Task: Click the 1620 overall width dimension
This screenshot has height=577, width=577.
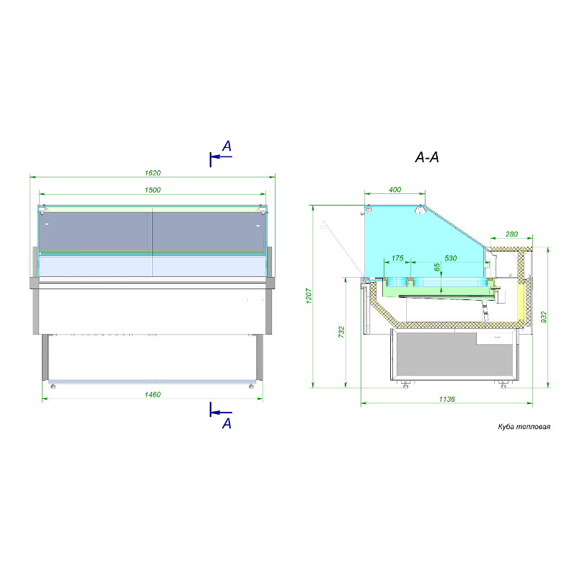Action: pos(153,173)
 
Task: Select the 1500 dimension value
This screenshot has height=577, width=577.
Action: pos(153,190)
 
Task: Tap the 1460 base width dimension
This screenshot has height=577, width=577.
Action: pos(153,395)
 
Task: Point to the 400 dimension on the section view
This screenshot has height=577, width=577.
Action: pos(395,190)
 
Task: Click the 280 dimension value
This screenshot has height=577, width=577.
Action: pos(511,234)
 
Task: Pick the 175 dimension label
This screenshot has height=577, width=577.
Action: pos(397,258)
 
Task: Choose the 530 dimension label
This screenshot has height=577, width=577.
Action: pos(450,258)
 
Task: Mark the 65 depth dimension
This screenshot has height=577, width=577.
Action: pos(437,267)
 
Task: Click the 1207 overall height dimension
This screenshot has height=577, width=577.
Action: pos(309,296)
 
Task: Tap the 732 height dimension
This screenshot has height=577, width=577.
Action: pos(341,332)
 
